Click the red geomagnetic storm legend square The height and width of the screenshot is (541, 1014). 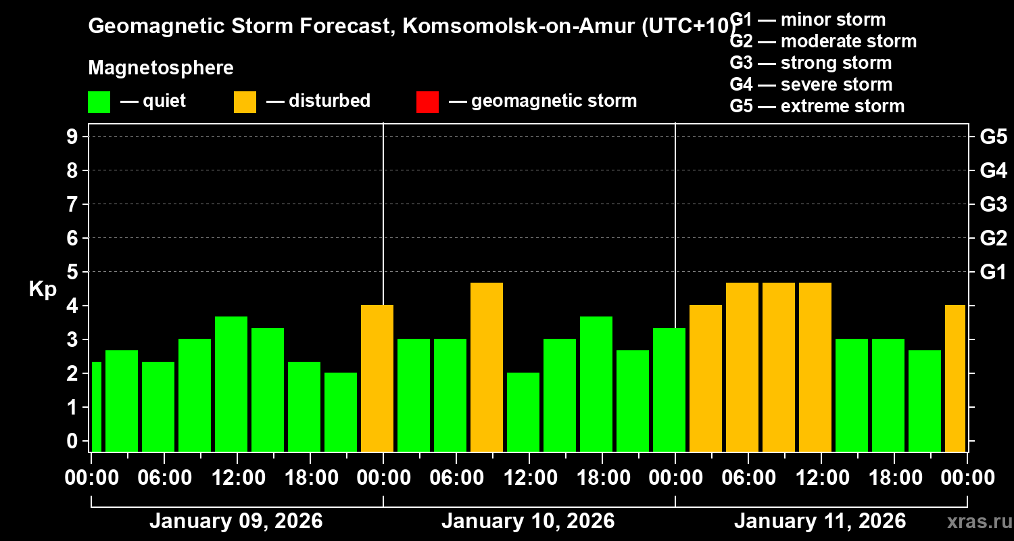(x=427, y=101)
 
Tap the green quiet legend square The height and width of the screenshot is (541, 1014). (x=99, y=101)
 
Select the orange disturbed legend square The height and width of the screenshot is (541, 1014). (x=245, y=101)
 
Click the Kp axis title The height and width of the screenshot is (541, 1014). (x=43, y=289)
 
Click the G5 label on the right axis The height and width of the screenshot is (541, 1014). (x=993, y=137)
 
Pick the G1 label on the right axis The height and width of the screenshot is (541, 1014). (x=993, y=272)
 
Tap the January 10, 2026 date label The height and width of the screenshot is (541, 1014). (x=528, y=521)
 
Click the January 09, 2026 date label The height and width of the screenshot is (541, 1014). (x=236, y=521)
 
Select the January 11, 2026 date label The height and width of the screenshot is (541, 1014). (x=819, y=521)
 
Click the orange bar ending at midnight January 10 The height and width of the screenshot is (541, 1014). (x=377, y=378)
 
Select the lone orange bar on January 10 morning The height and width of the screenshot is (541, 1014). (x=487, y=367)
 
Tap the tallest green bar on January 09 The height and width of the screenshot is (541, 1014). (x=231, y=383)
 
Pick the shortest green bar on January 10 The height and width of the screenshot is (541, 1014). (x=523, y=412)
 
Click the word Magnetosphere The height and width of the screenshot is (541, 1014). (x=161, y=68)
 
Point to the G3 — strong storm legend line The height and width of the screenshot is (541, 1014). (x=811, y=63)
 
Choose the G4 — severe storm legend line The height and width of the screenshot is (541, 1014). (x=811, y=85)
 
